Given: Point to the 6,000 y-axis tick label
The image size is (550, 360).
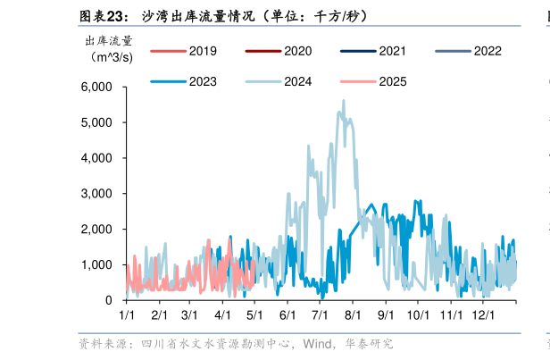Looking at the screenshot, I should point(96,87).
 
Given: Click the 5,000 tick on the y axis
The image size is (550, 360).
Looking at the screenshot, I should point(96,122).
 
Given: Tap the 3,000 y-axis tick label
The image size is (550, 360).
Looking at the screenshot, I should point(96,194).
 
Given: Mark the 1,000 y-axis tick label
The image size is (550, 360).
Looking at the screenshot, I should point(96,265).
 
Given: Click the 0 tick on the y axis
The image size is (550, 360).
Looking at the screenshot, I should point(108,301).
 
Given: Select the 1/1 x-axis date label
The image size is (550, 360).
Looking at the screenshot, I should point(127,315).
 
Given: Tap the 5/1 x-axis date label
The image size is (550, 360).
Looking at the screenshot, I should point(255,315).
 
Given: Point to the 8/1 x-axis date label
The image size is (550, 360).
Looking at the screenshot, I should point(353,315).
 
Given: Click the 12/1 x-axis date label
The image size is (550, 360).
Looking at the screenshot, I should point(483,315).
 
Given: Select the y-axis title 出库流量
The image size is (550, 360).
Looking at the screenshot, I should point(108,40).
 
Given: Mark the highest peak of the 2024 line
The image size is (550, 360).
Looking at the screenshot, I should point(343,101).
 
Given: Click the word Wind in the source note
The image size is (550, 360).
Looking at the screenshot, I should point(319,344).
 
